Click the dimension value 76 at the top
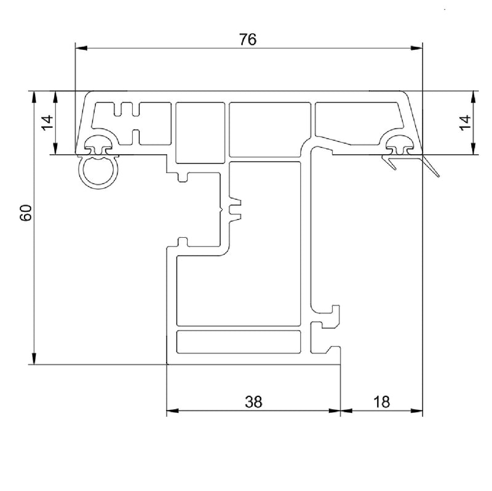(248, 39)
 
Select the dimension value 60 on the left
(26, 213)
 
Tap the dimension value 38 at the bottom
(253, 402)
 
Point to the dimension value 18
(381, 402)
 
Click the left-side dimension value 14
(48, 123)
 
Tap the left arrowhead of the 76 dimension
(81, 49)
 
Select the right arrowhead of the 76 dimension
(417, 49)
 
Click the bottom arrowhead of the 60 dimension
(34, 358)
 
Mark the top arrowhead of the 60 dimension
(34, 97)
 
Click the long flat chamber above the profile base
(239, 342)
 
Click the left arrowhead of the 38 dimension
(172, 410)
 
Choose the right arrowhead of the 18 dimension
(417, 410)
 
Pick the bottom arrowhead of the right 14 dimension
(474, 149)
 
